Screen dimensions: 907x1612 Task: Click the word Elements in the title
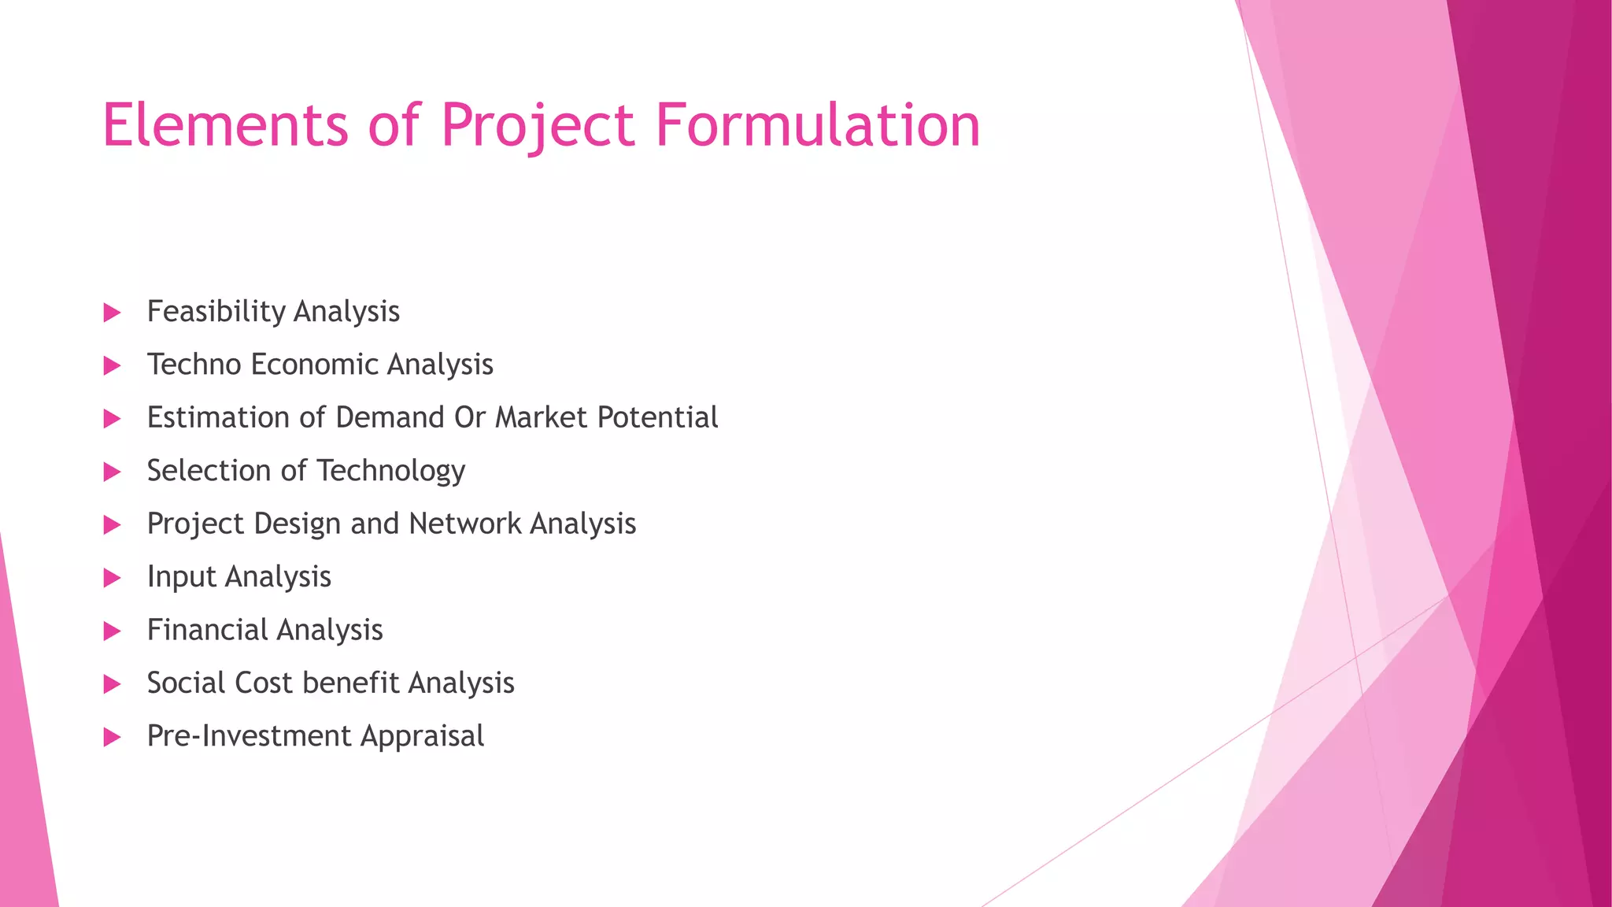tap(225, 125)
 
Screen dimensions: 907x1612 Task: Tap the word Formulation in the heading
tap(818, 125)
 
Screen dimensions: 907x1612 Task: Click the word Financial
tap(207, 630)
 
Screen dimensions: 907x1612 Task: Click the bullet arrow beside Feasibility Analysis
tap(113, 313)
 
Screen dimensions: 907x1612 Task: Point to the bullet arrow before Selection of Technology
tap(113, 472)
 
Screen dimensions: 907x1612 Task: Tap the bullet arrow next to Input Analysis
tap(113, 578)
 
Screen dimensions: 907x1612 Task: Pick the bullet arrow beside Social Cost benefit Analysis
tap(113, 683)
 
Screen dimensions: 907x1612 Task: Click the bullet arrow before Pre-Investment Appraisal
tap(113, 737)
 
